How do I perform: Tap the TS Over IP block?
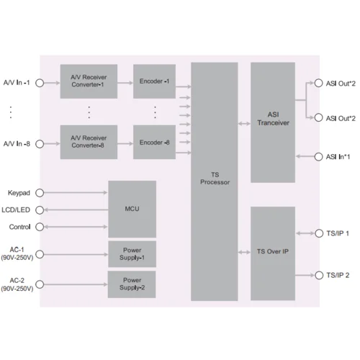pos(273,252)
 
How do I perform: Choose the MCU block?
pos(132,209)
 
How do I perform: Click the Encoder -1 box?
pos(154,81)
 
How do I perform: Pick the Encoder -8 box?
pos(154,142)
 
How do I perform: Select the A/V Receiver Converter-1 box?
pos(89,81)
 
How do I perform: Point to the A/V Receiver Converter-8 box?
pos(89,142)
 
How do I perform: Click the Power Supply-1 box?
pos(132,253)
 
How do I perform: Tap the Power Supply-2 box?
pos(132,284)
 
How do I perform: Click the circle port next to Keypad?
pos(40,193)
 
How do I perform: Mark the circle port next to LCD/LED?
pos(40,210)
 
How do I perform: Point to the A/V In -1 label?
pos(17,84)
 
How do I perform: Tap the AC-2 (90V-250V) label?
pos(17,284)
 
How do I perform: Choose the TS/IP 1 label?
pos(337,233)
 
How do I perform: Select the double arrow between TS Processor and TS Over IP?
pos(244,252)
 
